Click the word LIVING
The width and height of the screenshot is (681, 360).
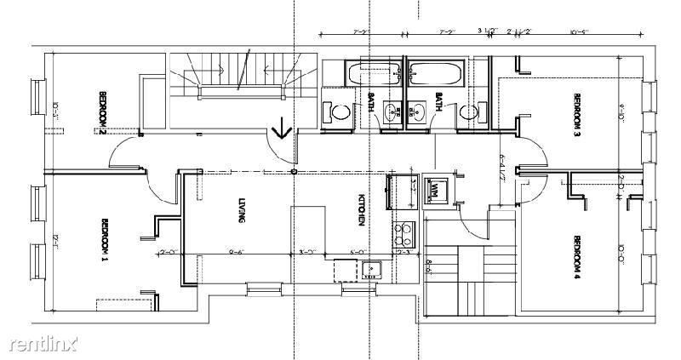pos(243,209)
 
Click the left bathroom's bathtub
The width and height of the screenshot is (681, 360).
pos(375,75)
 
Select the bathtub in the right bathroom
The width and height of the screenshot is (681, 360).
pos(435,75)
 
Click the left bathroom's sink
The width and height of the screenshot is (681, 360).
pos(392,111)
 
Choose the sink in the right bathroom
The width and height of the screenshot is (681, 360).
pos(417,111)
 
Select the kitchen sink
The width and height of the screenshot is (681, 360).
pos(371,271)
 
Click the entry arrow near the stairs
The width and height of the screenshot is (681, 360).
pos(281,130)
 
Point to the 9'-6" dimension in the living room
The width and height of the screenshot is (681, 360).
pos(236,253)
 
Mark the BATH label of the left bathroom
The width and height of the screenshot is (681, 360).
pos(371,103)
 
